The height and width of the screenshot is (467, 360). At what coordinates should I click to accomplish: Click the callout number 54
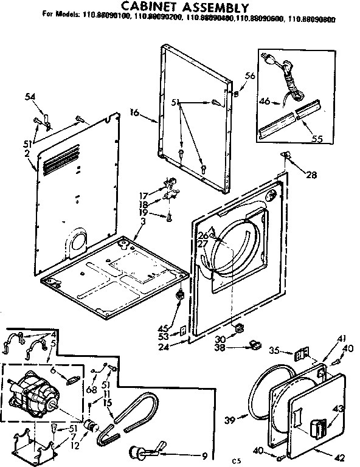pos(30,97)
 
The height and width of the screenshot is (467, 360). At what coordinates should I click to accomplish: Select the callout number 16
pos(134,112)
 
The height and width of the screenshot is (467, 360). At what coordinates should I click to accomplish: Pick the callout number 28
pos(311,175)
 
